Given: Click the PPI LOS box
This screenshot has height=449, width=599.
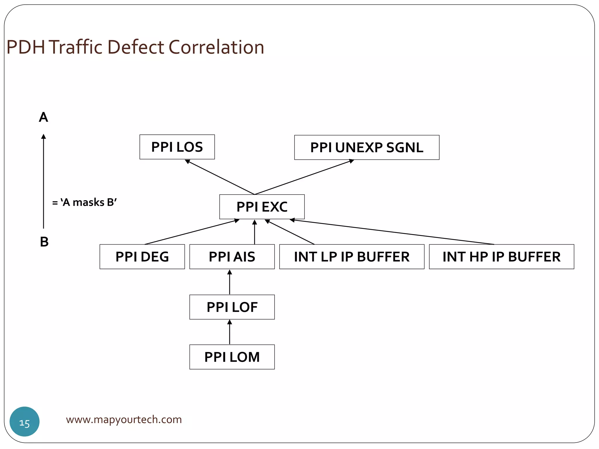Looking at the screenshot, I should click(177, 147).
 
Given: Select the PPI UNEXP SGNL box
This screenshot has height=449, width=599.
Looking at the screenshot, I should click(366, 148).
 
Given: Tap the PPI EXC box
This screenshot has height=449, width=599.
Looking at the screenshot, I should click(262, 207).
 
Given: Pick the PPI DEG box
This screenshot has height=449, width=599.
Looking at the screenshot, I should click(142, 257).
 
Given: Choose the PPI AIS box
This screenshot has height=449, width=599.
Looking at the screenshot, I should click(232, 257).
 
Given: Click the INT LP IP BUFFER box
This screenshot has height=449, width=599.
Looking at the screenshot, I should click(352, 257).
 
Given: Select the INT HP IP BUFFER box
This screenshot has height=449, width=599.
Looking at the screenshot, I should click(501, 257).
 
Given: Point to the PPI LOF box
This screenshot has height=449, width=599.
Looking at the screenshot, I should click(232, 307).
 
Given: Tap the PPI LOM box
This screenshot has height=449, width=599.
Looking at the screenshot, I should click(232, 357).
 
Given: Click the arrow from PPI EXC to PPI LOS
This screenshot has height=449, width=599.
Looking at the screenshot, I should click(220, 177).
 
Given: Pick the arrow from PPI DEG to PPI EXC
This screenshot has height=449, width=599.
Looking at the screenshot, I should click(192, 232).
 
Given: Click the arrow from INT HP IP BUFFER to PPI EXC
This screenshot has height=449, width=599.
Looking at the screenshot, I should click(392, 232).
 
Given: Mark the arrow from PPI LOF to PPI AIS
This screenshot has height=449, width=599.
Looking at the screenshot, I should click(230, 282).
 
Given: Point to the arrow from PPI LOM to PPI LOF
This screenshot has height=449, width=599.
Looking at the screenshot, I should click(230, 332).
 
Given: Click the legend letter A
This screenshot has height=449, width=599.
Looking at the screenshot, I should click(43, 117).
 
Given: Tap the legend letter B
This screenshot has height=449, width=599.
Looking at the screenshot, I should click(44, 242).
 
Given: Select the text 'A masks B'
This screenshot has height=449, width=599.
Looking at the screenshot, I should click(85, 202).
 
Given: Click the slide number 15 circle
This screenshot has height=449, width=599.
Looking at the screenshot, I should click(25, 422).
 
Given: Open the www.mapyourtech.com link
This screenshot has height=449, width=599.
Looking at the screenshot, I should click(124, 419).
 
